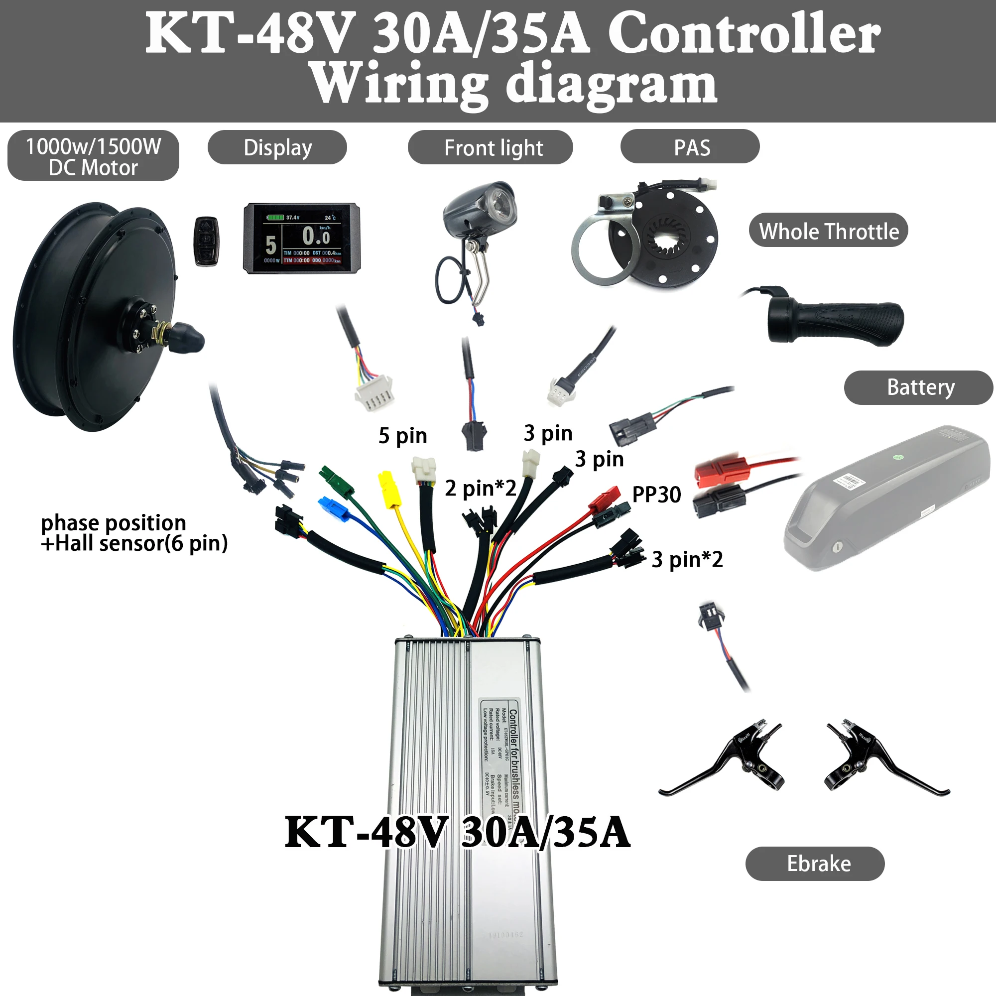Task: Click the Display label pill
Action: point(277,147)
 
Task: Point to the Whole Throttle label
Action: point(829,231)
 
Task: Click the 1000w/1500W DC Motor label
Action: point(93,156)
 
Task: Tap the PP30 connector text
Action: point(656,495)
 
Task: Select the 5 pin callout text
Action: point(402,436)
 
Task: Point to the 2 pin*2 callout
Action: point(481,488)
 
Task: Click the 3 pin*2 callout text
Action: point(687,559)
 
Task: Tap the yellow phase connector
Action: point(390,489)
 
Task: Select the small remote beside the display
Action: point(206,241)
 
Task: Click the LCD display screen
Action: point(302,238)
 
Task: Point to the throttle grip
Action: point(835,322)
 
